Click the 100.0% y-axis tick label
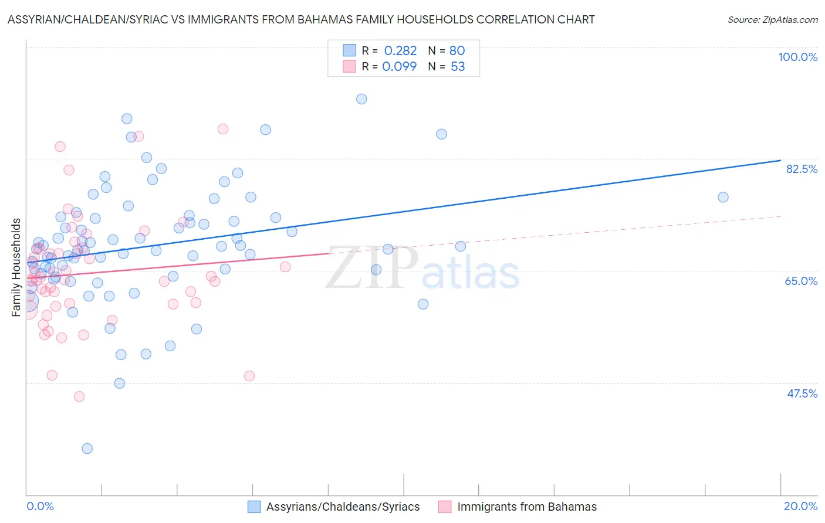point(797,57)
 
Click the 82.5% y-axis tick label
point(802,169)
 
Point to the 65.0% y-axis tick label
point(801,281)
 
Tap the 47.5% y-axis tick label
point(802,393)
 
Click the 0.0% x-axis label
point(40,506)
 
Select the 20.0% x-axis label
point(800,506)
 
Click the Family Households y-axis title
point(16,267)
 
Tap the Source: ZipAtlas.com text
point(772,19)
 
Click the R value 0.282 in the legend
point(400,51)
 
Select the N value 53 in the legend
point(458,67)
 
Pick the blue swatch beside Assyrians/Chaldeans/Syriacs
point(254,507)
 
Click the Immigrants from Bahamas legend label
point(527,507)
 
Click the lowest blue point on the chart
point(87,449)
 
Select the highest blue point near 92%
point(361,99)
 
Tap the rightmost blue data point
point(723,197)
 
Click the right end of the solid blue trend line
point(780,160)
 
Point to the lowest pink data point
point(79,396)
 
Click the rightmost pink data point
point(285,267)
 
